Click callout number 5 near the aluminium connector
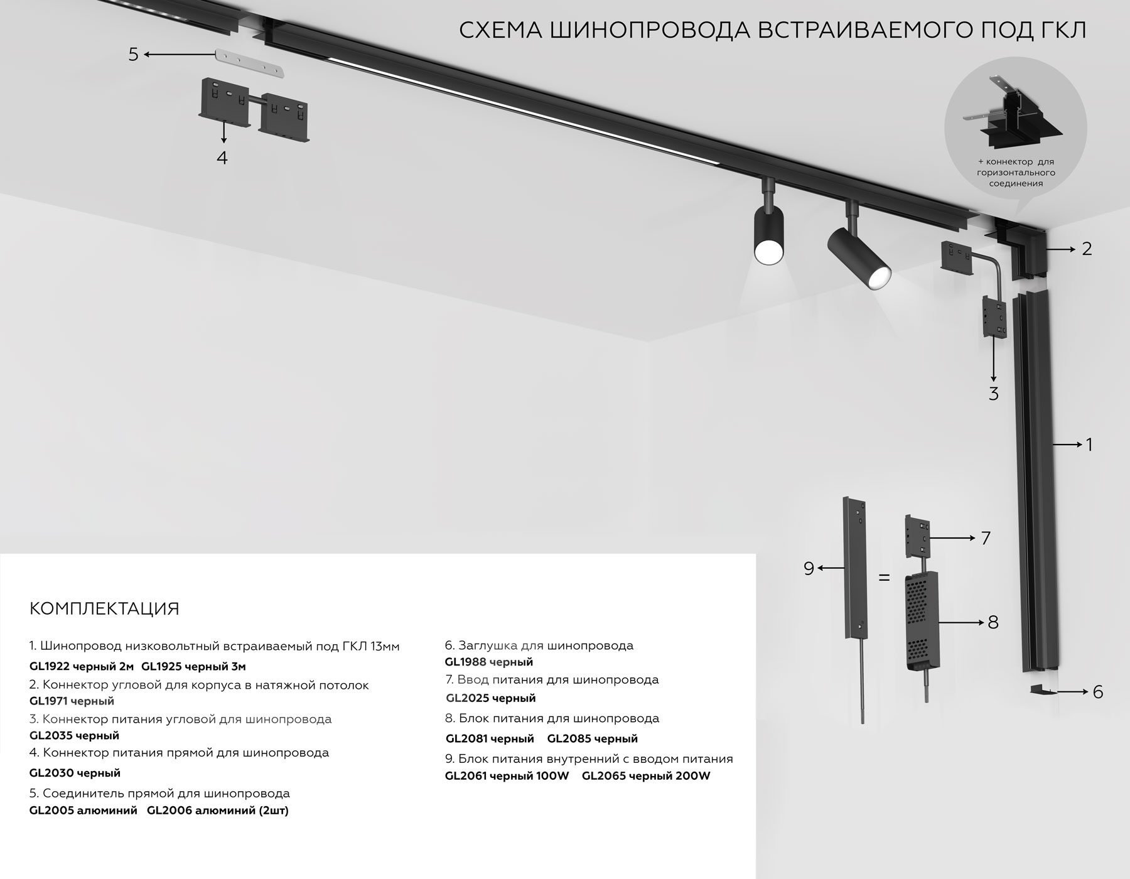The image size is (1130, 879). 133,55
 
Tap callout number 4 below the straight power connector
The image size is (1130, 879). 222,158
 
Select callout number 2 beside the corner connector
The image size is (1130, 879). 1087,249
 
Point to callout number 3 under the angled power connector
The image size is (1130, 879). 993,394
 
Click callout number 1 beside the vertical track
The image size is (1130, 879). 1089,445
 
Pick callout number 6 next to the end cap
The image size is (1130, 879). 1097,692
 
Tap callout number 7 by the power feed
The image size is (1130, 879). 985,538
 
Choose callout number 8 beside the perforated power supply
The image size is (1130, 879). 993,622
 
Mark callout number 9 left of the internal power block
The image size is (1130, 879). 809,568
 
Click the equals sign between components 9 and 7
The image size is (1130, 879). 884,577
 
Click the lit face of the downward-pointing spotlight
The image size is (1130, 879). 768,252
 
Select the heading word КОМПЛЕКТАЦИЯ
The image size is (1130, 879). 104,609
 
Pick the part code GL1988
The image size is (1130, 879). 465,662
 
